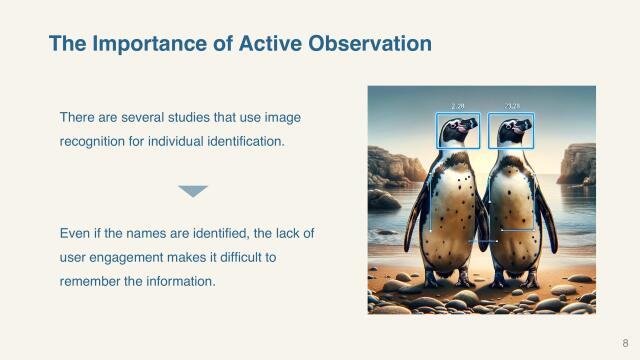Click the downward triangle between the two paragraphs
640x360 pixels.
(x=192, y=191)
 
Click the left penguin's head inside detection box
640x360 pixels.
(x=457, y=131)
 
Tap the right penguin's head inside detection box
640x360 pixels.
(x=511, y=131)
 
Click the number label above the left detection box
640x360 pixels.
(x=458, y=105)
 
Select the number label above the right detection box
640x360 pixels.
(x=511, y=105)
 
